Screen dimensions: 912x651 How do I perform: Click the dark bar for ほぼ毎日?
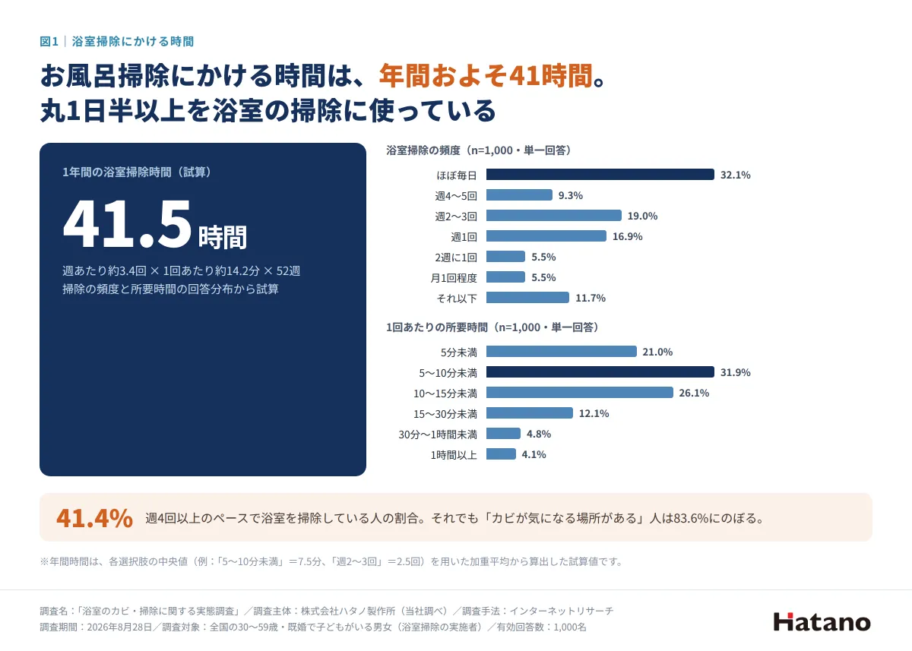(600, 175)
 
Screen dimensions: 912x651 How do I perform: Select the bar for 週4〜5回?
(519, 195)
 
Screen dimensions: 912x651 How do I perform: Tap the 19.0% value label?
(642, 216)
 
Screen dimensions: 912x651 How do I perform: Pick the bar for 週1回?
(546, 236)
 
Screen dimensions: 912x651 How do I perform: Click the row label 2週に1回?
(455, 258)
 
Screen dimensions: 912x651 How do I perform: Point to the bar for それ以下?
(527, 298)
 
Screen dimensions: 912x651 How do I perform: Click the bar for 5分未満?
(562, 352)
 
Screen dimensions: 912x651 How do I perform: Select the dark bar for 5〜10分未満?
(600, 372)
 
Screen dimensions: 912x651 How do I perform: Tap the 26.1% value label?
(694, 393)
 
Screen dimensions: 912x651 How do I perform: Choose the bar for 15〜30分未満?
(530, 413)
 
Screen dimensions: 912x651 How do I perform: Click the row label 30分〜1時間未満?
(438, 435)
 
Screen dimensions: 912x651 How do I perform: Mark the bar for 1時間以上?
(501, 454)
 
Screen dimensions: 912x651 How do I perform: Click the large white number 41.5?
(128, 224)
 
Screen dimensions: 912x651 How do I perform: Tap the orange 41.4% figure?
(94, 518)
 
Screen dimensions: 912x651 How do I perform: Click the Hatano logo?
(822, 622)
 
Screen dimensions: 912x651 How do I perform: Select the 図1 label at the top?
(49, 42)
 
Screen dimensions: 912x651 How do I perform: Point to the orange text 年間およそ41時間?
(486, 76)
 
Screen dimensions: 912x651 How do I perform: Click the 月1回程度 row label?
(454, 278)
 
